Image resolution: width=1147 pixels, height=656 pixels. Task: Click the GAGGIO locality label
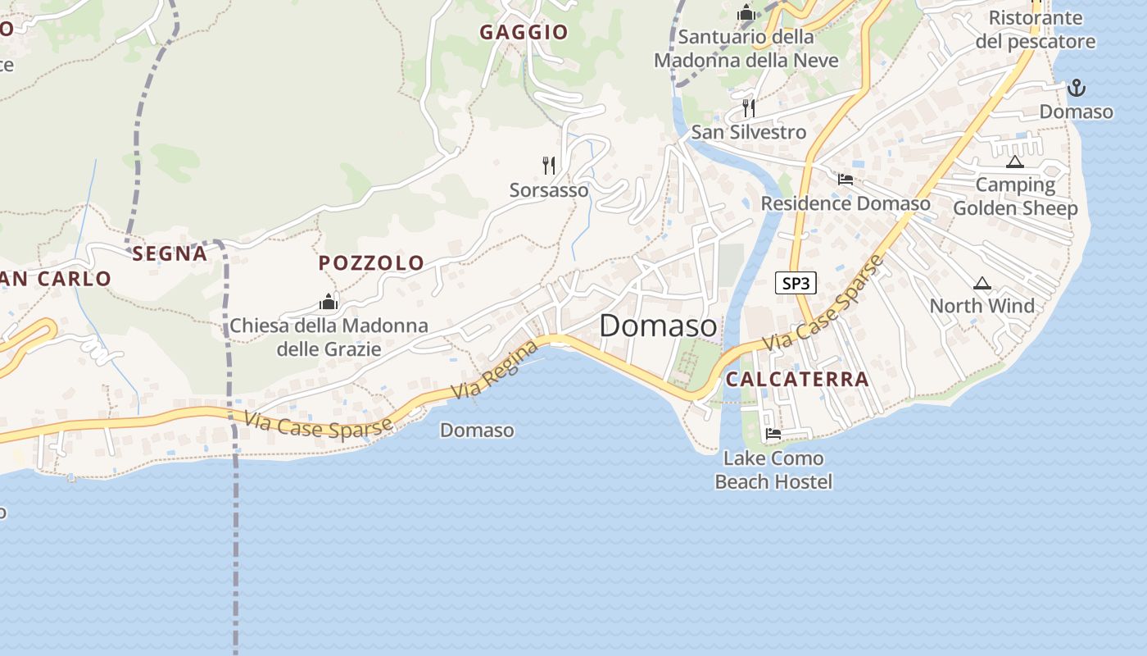pos(524,32)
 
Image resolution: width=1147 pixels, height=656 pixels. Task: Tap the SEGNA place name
pos(170,254)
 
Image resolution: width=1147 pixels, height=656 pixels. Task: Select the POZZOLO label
pos(371,263)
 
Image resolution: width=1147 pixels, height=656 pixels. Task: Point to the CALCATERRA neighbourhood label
pos(797,379)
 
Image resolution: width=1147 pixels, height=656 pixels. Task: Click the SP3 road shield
pos(796,284)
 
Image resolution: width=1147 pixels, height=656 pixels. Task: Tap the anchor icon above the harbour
pos(1077,87)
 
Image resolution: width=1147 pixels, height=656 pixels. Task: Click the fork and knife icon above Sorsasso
pos(549,166)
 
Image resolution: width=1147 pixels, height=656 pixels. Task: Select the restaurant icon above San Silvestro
pos(748,107)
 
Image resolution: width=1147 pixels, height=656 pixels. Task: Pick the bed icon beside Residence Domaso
pos(846,180)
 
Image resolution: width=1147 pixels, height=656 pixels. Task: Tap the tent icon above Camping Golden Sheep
pos(1015,162)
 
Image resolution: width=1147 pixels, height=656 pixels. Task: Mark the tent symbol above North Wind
pos(982,284)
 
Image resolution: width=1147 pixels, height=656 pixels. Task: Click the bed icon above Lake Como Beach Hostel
pos(773,434)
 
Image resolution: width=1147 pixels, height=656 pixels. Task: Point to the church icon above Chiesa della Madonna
pos(329,302)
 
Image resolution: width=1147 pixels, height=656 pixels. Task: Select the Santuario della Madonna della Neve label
pos(746,48)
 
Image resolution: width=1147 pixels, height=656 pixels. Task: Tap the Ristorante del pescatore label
pos(1036,30)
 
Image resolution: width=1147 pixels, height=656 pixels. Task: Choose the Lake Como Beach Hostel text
pos(773,470)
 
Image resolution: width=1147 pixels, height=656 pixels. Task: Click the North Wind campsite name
pos(982,306)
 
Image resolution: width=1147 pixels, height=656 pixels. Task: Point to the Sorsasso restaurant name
pos(549,190)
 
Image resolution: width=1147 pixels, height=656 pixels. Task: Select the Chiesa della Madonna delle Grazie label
pos(329,337)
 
